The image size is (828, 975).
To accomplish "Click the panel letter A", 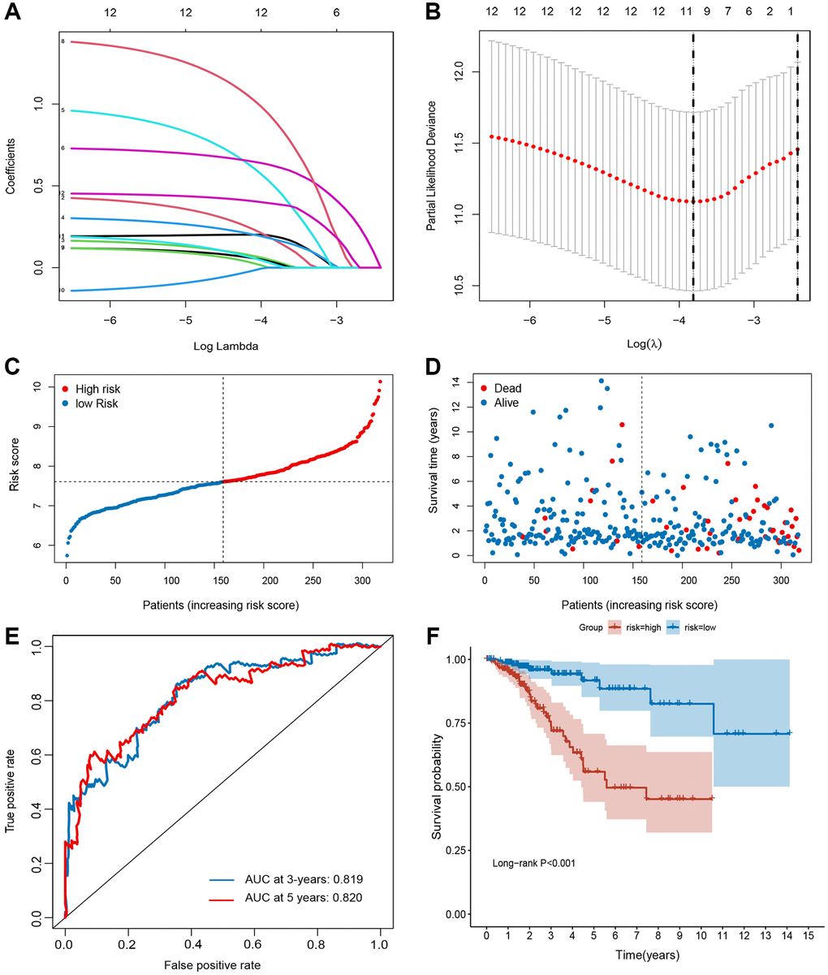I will tap(14, 14).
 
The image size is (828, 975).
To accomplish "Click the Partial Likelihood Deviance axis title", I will tap(432, 164).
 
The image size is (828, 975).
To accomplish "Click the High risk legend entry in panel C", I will tap(98, 389).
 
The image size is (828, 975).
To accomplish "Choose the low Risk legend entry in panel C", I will tap(96, 403).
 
